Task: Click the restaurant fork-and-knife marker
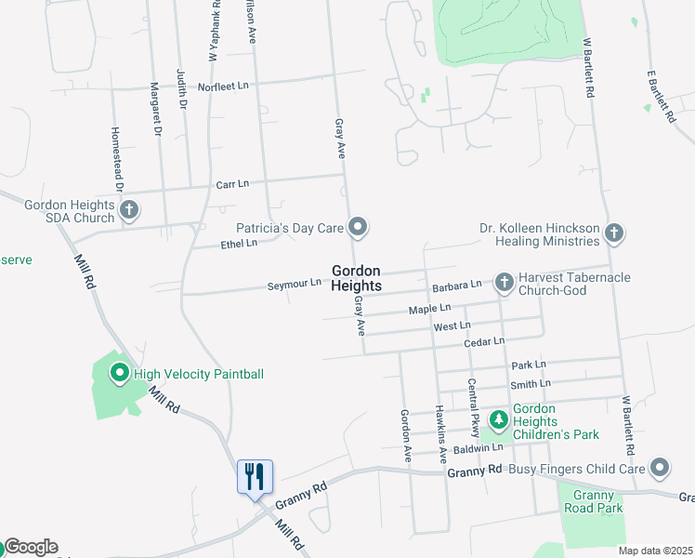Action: click(x=254, y=477)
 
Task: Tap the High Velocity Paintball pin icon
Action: click(x=120, y=374)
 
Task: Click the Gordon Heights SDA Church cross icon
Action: click(x=129, y=211)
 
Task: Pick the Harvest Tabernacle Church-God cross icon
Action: click(x=505, y=281)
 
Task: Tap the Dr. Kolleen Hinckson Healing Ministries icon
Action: click(x=613, y=232)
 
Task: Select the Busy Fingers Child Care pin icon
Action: click(x=661, y=467)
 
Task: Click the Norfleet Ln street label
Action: click(x=229, y=85)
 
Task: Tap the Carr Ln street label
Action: click(x=232, y=183)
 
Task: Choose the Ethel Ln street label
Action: click(x=239, y=243)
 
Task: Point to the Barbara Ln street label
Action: click(x=457, y=284)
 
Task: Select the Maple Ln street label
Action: click(x=430, y=307)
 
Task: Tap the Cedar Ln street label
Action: click(x=484, y=341)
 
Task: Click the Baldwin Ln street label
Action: click(x=479, y=447)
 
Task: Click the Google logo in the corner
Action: click(x=31, y=547)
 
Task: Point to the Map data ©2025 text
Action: click(x=654, y=551)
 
